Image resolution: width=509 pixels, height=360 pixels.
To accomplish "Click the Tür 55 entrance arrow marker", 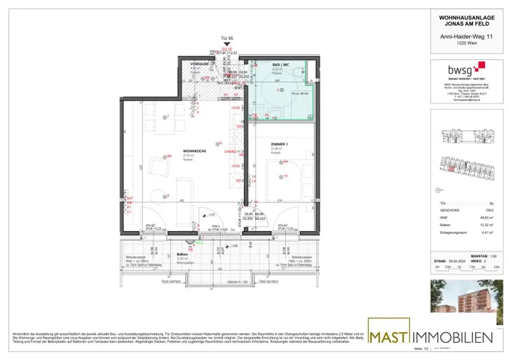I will (x=227, y=44).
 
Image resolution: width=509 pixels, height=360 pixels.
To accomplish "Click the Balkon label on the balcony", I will (x=181, y=254).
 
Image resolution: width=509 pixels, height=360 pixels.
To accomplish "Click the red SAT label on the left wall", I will (x=130, y=198).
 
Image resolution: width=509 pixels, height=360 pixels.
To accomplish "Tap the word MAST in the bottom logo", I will (x=390, y=338).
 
